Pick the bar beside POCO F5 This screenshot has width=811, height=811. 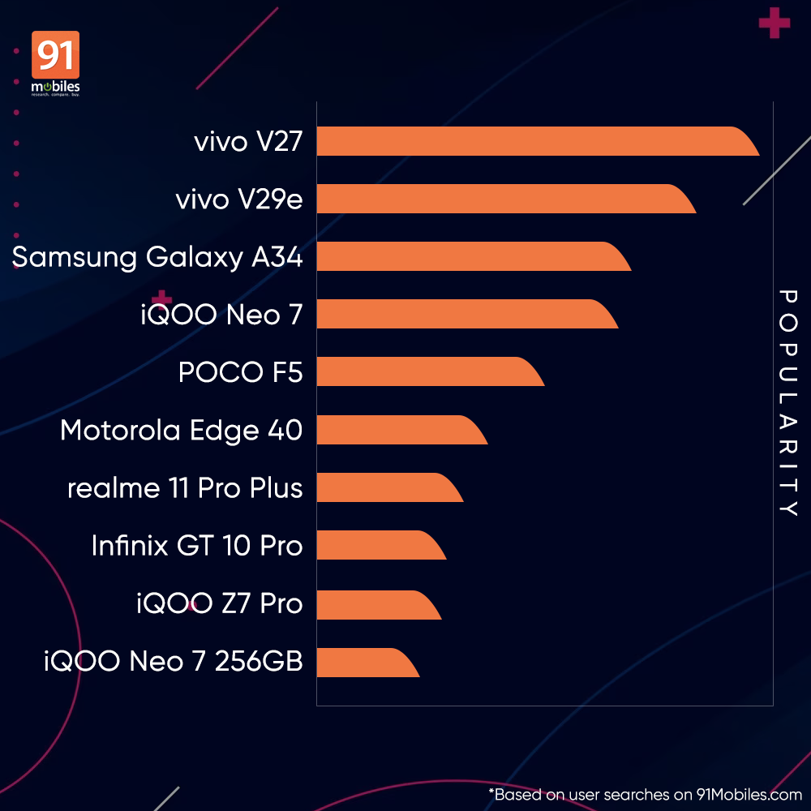tap(426, 371)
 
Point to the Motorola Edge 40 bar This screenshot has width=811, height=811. tap(397, 429)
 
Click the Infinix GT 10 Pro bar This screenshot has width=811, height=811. tap(377, 545)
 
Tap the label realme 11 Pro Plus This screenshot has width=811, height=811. tap(185, 488)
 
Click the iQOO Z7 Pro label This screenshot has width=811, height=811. tap(219, 603)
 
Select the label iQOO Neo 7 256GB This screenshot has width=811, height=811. tap(174, 662)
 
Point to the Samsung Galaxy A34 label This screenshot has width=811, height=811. tap(157, 257)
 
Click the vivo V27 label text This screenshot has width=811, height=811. tap(248, 142)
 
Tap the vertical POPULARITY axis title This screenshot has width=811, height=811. tap(787, 403)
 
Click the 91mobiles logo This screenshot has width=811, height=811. tap(55, 64)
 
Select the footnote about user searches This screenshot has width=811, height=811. tap(645, 795)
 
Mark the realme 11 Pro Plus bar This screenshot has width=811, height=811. tap(385, 487)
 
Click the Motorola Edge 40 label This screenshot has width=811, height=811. tap(181, 430)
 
